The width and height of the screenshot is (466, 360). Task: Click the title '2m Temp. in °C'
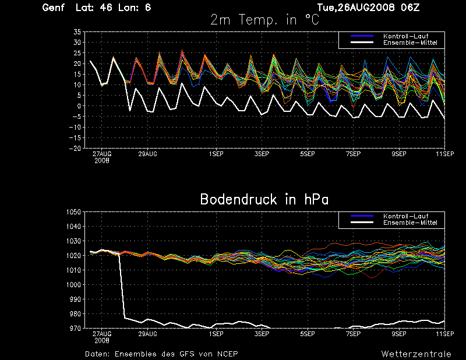tap(264, 20)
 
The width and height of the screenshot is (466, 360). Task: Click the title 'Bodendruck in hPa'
tap(264, 199)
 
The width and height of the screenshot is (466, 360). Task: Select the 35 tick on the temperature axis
tap(77, 32)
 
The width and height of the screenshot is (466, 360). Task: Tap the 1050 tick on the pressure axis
tap(73, 212)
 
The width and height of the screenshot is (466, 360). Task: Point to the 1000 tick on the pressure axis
tap(73, 285)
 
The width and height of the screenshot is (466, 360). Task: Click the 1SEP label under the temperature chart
tap(216, 154)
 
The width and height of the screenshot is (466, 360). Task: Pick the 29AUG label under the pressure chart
tap(147, 334)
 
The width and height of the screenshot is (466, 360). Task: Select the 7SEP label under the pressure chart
tap(354, 334)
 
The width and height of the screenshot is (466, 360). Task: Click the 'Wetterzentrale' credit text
tap(416, 354)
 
